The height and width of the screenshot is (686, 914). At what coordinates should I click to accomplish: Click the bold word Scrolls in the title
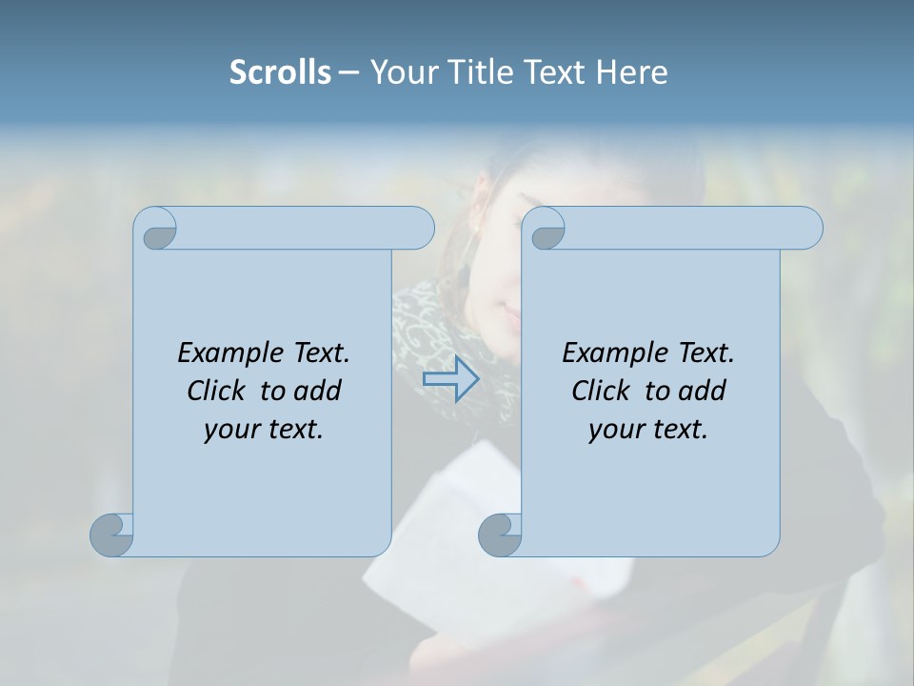280,71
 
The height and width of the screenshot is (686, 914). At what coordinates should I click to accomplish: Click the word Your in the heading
399,71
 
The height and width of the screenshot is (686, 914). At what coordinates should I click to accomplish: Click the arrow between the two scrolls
450,379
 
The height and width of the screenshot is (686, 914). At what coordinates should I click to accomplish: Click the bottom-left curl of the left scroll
112,535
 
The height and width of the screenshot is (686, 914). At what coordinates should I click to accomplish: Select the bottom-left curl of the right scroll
500,535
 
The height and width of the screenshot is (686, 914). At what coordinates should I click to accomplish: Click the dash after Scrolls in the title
348,72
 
